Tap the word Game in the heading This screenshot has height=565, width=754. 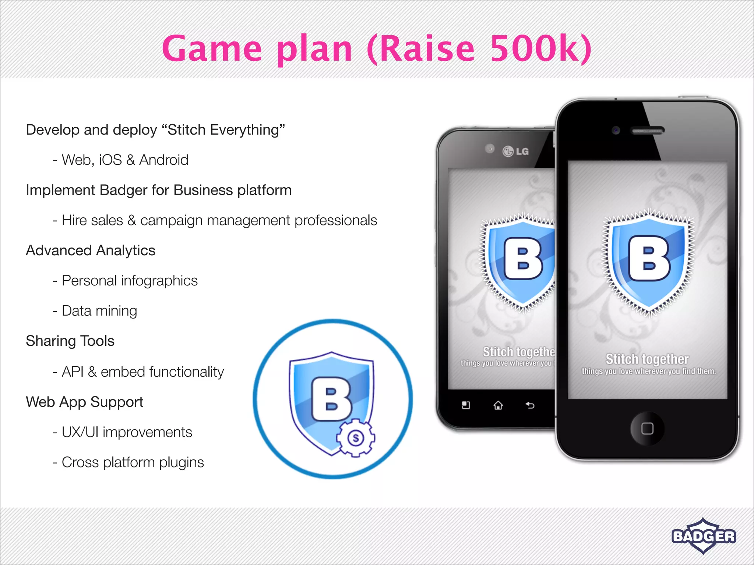(212, 49)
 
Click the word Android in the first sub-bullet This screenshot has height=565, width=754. (164, 160)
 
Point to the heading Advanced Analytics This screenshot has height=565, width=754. (91, 250)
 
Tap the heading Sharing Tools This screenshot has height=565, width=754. (70, 341)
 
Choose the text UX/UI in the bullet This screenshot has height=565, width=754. (80, 432)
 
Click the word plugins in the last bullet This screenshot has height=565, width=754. (182, 462)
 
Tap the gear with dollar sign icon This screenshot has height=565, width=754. (355, 438)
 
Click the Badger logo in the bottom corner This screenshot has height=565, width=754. (704, 536)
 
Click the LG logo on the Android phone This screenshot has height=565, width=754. (515, 151)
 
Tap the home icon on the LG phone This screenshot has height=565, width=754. (498, 405)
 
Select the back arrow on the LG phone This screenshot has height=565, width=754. (530, 405)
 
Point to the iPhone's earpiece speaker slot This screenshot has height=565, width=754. (648, 131)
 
